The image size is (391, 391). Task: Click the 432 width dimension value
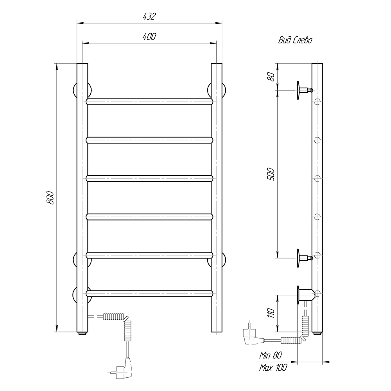pyautogui.click(x=149, y=16)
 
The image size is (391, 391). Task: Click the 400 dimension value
pyautogui.click(x=149, y=36)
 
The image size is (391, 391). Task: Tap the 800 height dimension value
pyautogui.click(x=50, y=198)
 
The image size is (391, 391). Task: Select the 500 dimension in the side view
pyautogui.click(x=271, y=174)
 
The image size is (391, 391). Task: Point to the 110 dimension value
pyautogui.click(x=271, y=313)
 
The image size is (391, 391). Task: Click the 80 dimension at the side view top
pyautogui.click(x=271, y=77)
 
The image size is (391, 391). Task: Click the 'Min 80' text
pyautogui.click(x=271, y=355)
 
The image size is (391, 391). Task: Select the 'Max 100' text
pyautogui.click(x=273, y=367)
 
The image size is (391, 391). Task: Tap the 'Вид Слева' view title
pyautogui.click(x=295, y=40)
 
